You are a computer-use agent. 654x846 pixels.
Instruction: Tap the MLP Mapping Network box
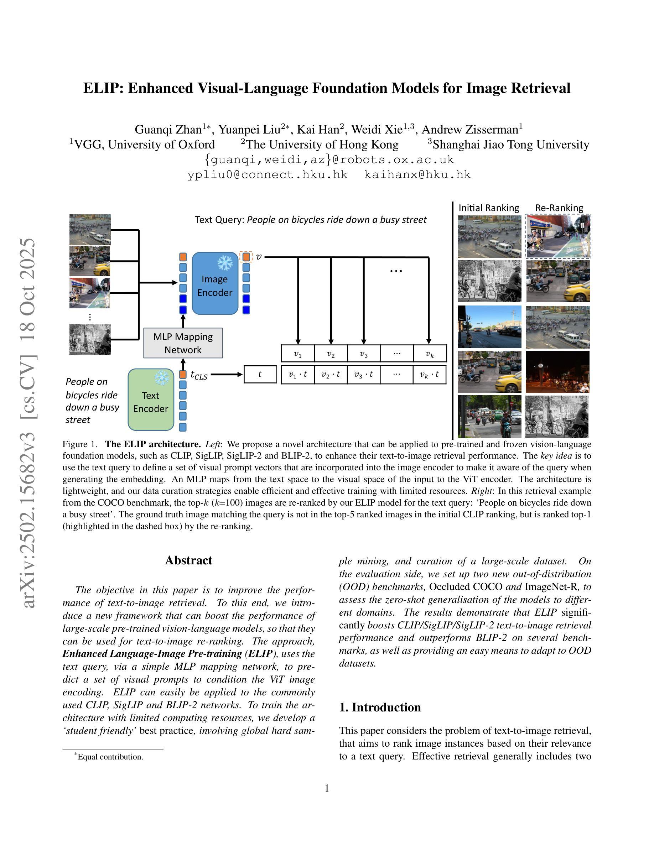tap(183, 343)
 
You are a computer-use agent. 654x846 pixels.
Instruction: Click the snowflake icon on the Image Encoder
tap(225, 263)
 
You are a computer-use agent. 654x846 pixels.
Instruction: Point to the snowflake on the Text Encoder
tap(162, 377)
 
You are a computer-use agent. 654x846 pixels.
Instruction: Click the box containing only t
tap(260, 374)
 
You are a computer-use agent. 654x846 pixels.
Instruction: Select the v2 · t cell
tap(331, 374)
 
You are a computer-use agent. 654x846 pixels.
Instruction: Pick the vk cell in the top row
tap(429, 353)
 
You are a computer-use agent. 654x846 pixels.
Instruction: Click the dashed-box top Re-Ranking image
tap(558, 236)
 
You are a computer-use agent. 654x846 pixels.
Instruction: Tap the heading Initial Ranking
tap(489, 208)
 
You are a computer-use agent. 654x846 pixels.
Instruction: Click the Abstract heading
tap(189, 560)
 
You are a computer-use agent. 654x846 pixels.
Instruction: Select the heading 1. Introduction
tap(380, 707)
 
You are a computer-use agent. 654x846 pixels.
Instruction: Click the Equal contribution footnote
tap(110, 757)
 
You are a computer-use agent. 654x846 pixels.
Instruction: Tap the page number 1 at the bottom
tap(327, 788)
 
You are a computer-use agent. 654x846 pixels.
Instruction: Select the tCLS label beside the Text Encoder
tap(199, 375)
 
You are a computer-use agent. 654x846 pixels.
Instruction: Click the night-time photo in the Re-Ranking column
tap(557, 372)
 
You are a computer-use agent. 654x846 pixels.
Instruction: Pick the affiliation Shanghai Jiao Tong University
tap(511, 145)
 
